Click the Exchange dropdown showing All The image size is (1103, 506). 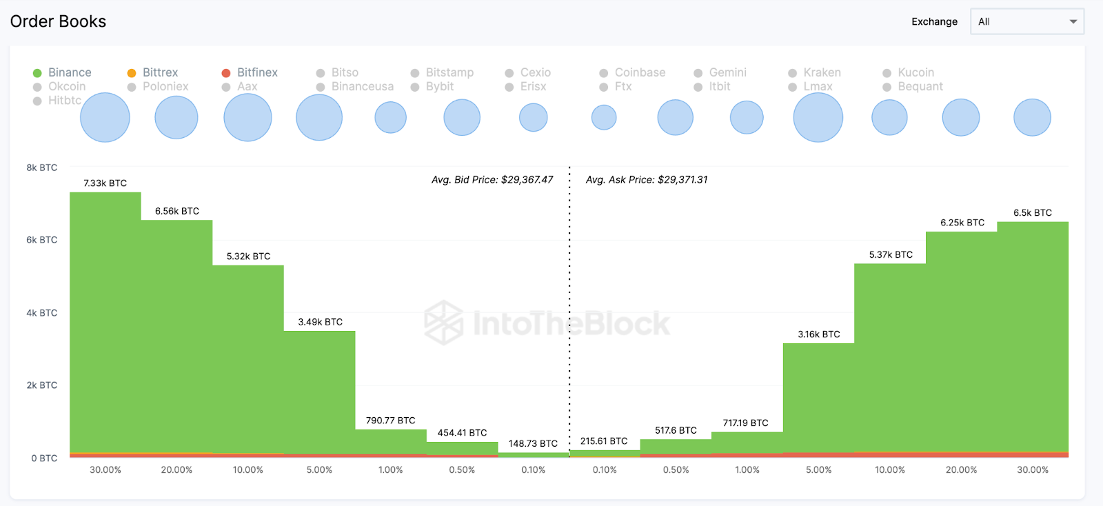[1026, 21]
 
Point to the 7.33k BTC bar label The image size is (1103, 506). [105, 183]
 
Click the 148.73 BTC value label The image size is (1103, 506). [533, 443]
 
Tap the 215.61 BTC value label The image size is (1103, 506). [604, 441]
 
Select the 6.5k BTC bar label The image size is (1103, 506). [1033, 213]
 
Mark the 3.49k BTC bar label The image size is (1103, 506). [321, 322]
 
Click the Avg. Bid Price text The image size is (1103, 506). [492, 180]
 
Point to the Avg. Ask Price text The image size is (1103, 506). [647, 180]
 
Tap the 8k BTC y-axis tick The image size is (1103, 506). [42, 168]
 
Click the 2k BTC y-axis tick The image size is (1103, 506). [42, 385]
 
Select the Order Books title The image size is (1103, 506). [59, 21]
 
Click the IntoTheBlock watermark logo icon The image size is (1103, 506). [443, 323]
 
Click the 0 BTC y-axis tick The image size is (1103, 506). [44, 458]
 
